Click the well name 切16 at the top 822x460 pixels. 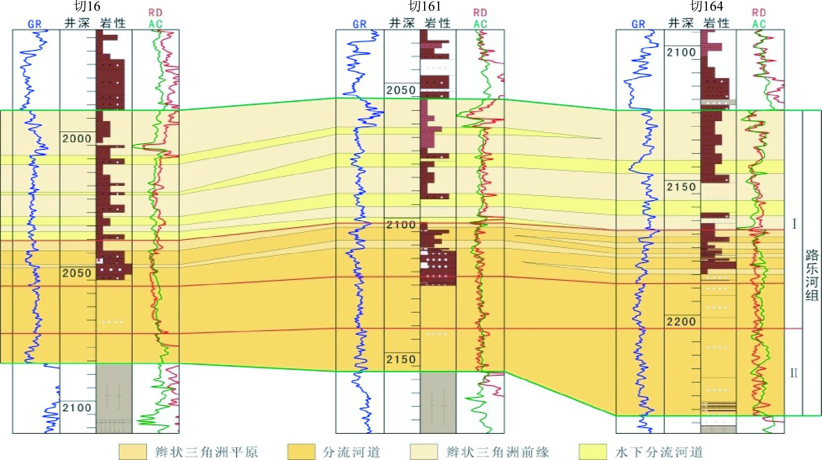(x=87, y=7)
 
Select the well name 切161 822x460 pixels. (x=425, y=7)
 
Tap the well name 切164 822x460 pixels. (x=707, y=7)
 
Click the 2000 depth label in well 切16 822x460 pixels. (x=77, y=139)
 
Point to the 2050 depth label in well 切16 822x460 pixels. (x=77, y=273)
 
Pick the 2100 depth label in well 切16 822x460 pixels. (x=77, y=408)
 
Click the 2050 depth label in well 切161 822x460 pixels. (x=401, y=90)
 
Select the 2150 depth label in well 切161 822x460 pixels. (x=401, y=359)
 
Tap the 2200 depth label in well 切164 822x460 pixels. (x=681, y=322)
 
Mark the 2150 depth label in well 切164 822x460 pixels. (x=681, y=187)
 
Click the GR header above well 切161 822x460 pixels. (x=359, y=24)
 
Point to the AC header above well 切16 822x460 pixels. (x=156, y=24)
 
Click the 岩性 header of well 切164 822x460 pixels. (x=717, y=23)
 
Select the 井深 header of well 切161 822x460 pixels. (x=402, y=23)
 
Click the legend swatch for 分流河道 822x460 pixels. (x=301, y=452)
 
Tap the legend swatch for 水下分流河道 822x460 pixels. (x=593, y=452)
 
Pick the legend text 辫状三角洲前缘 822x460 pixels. (x=497, y=452)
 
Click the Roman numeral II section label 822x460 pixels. (x=793, y=373)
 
